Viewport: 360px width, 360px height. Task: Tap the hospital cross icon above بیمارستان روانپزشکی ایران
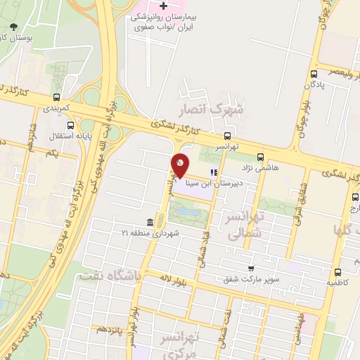pyautogui.click(x=163, y=6)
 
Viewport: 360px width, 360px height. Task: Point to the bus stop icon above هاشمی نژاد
pyautogui.click(x=261, y=157)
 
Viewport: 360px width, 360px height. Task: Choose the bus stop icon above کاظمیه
pyautogui.click(x=338, y=272)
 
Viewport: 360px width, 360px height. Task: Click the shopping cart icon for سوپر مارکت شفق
pyautogui.click(x=251, y=269)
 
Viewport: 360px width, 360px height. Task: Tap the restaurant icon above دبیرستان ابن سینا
pyautogui.click(x=213, y=172)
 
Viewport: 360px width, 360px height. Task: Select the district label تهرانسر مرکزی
pyautogui.click(x=196, y=345)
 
